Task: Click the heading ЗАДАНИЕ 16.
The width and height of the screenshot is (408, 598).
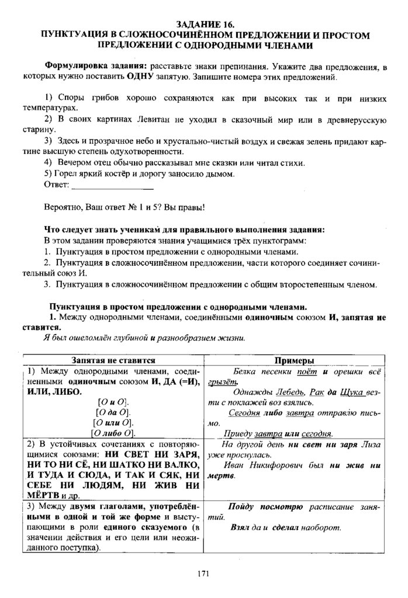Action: (x=204, y=25)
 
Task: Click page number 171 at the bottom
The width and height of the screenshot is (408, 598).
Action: (x=203, y=575)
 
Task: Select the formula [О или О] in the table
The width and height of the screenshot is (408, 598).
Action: (x=113, y=422)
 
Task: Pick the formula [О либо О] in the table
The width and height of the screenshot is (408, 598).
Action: (x=113, y=433)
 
